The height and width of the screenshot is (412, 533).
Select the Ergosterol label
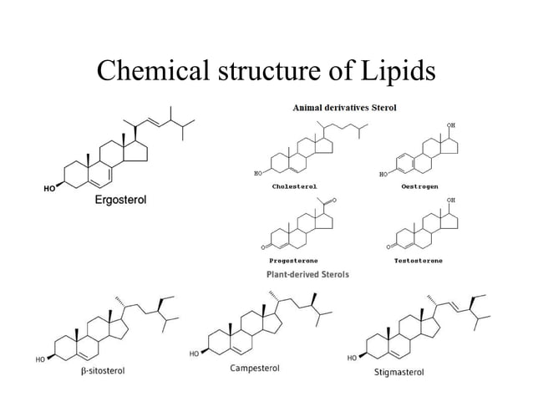[x=119, y=201]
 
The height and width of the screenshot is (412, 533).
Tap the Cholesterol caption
[x=294, y=186]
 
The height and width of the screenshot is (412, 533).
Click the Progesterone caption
[x=292, y=261]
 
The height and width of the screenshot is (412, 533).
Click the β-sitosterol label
[x=97, y=370]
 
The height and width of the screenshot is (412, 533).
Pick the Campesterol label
[x=254, y=368]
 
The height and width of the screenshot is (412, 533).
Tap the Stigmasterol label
[x=398, y=372]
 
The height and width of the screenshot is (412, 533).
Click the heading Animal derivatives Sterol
[x=344, y=108]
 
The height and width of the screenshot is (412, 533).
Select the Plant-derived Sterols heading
[x=307, y=274]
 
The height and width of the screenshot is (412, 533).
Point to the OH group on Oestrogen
[x=451, y=125]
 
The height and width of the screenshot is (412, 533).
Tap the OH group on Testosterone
[x=451, y=201]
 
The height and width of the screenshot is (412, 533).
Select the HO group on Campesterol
[x=194, y=354]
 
